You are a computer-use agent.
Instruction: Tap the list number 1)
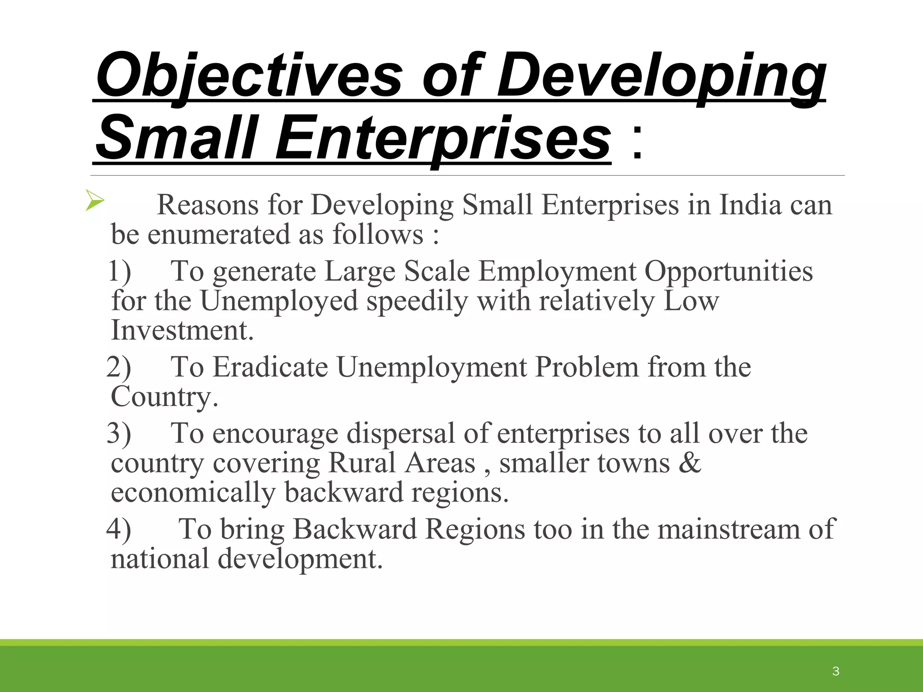120,271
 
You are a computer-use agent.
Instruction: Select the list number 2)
119,367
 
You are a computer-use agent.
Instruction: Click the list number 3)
119,433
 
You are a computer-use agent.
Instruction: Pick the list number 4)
119,528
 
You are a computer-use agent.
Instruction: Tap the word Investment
182,330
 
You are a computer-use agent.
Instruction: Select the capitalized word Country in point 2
164,397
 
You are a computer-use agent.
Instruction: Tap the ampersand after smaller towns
690,463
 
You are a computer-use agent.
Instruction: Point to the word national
160,559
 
